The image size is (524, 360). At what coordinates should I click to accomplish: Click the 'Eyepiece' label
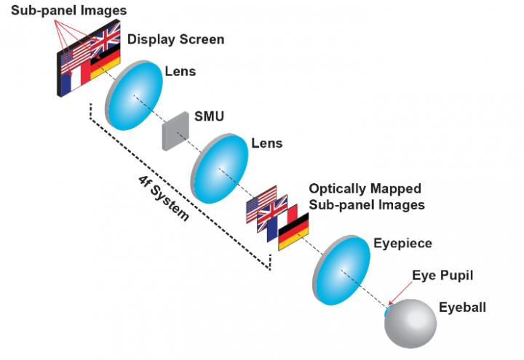(x=402, y=242)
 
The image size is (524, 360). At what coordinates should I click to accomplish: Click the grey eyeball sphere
(x=416, y=324)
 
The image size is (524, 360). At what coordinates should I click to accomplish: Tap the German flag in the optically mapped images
(x=294, y=233)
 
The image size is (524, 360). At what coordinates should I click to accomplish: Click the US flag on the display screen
(x=74, y=58)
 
